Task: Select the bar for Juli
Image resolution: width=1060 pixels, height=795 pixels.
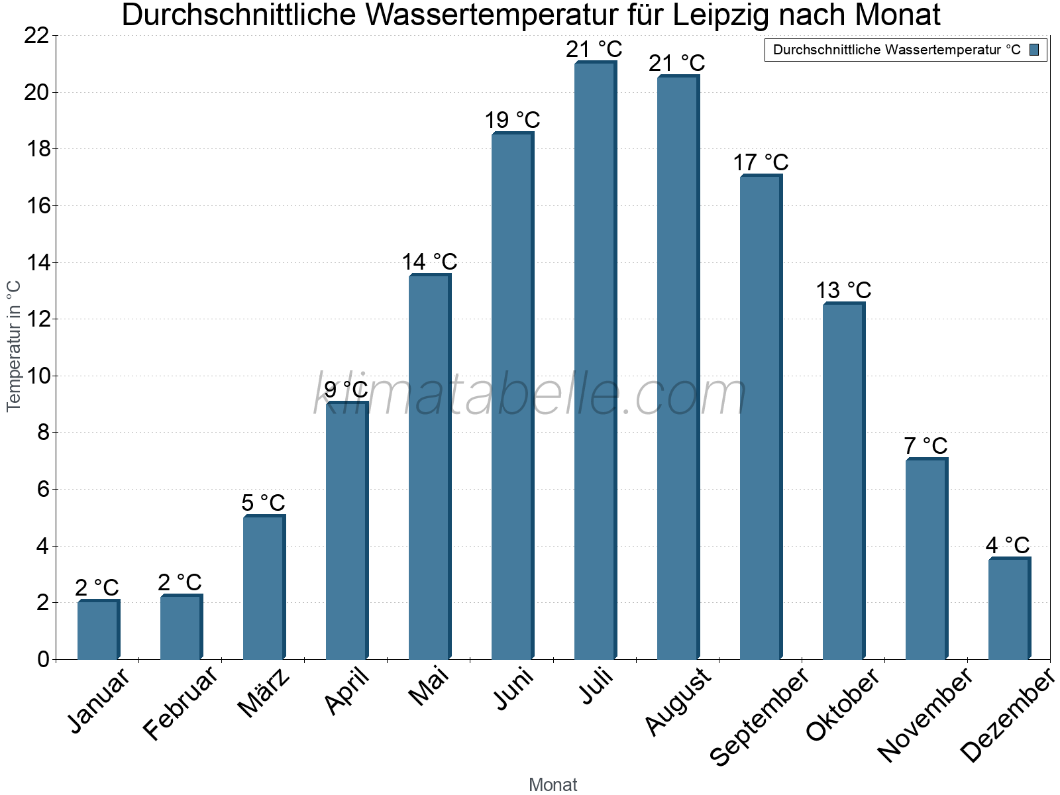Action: point(595,361)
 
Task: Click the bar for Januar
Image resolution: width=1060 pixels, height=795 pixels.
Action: point(98,630)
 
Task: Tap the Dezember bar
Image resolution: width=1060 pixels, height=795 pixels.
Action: point(1009,609)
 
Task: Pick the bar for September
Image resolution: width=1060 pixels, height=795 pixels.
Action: point(761,417)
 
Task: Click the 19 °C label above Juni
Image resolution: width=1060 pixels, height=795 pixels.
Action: point(512,121)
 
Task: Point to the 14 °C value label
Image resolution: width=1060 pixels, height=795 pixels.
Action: point(429,262)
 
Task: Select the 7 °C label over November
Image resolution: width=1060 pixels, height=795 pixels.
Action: point(926,446)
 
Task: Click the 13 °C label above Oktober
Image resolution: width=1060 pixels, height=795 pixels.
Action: point(843,291)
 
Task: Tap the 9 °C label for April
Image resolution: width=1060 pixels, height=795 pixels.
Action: point(346,390)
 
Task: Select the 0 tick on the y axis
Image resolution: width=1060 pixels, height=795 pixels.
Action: point(44,659)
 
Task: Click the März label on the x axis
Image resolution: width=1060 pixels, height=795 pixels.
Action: point(264,693)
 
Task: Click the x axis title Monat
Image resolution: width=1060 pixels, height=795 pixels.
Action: point(553,785)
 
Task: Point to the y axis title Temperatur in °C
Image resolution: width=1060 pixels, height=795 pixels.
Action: point(14,346)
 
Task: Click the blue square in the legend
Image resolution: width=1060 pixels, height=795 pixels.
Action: point(1035,50)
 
